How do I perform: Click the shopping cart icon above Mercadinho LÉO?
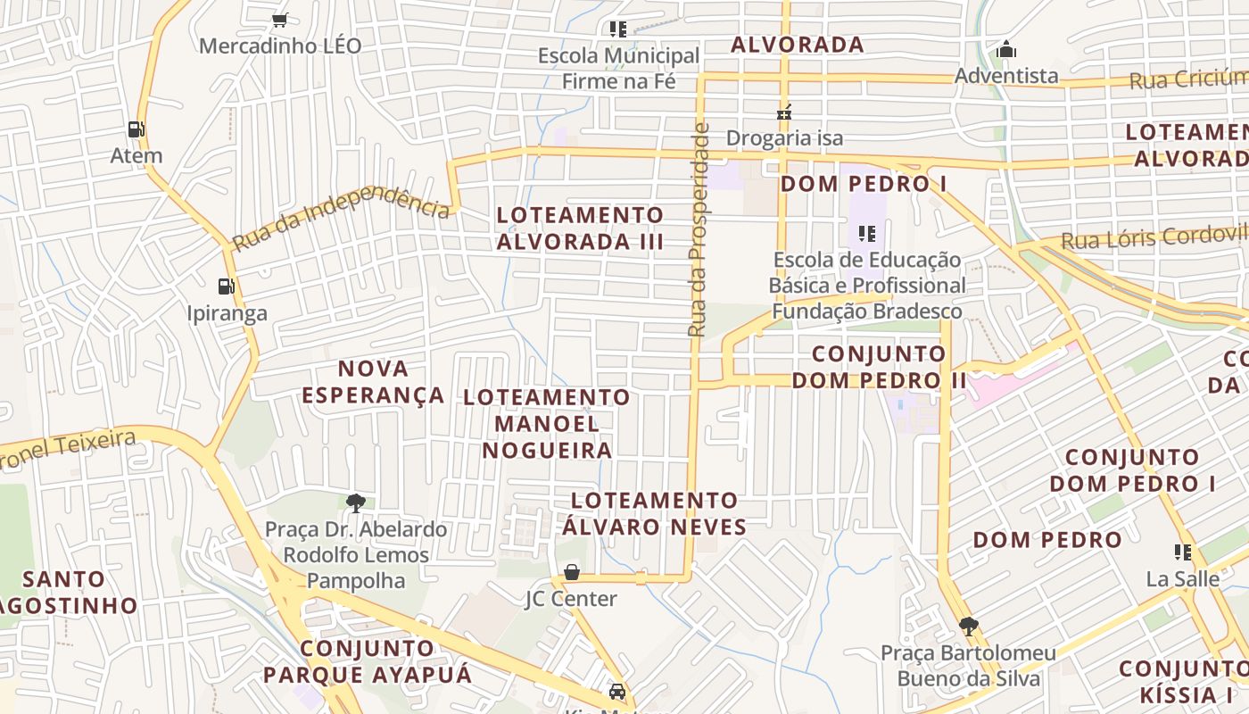click(x=279, y=20)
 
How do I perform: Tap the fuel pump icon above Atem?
click(x=136, y=129)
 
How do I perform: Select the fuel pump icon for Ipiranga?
click(x=227, y=286)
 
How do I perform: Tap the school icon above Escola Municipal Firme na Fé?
click(x=618, y=29)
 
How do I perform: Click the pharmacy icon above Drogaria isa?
click(x=784, y=112)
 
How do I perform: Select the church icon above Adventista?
click(x=1006, y=49)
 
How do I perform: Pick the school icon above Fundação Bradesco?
click(x=866, y=234)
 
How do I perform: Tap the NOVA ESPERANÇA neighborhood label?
click(x=373, y=381)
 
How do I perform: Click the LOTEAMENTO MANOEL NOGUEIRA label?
click(x=547, y=423)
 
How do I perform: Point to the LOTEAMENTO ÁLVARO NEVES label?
click(x=655, y=513)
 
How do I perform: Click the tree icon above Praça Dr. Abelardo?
click(x=356, y=503)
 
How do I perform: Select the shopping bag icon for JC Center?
click(x=571, y=572)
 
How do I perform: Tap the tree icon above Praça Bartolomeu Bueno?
click(x=968, y=627)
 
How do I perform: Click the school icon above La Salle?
click(x=1183, y=552)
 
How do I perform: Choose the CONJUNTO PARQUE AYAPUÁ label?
click(x=368, y=661)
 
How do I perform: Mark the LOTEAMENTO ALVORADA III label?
click(x=580, y=228)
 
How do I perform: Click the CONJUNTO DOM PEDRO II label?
click(x=879, y=367)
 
